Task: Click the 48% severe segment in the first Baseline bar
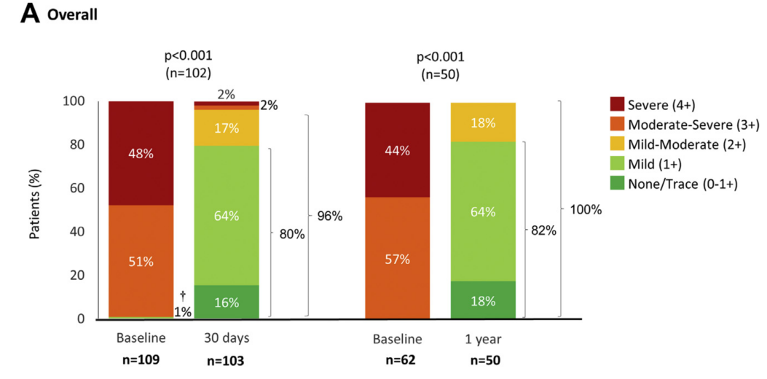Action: point(141,153)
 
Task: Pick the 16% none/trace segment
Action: point(227,302)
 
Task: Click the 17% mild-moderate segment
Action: point(227,128)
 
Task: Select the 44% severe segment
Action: point(397,151)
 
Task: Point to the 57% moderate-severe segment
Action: point(397,259)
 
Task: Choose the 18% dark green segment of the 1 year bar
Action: point(483,300)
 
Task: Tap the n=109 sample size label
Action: point(141,360)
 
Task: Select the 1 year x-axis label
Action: point(483,340)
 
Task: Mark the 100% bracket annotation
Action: point(586,210)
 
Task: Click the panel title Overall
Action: point(72,15)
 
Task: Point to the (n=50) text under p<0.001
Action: point(440,73)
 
